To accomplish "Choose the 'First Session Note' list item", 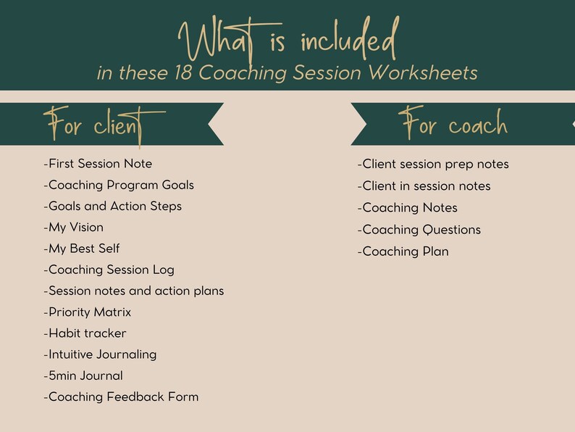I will tap(98, 164).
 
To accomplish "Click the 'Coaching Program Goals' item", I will tap(119, 185).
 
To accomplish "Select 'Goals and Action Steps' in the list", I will tap(112, 206).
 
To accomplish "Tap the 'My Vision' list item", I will tap(73, 228).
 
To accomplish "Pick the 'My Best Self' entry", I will tap(81, 249).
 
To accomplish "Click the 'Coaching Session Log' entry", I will tap(109, 270).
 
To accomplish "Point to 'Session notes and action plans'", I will tap(134, 291).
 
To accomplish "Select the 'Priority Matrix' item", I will tap(88, 312).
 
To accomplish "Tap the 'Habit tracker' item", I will tap(85, 333).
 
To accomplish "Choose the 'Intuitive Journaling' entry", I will tap(100, 354).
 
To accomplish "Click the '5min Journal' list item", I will tap(83, 375).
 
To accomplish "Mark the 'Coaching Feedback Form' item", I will tap(121, 396).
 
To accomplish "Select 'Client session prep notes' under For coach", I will tap(433, 165).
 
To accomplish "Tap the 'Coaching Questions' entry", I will tap(419, 230).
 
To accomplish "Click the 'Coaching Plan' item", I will tap(403, 252).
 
